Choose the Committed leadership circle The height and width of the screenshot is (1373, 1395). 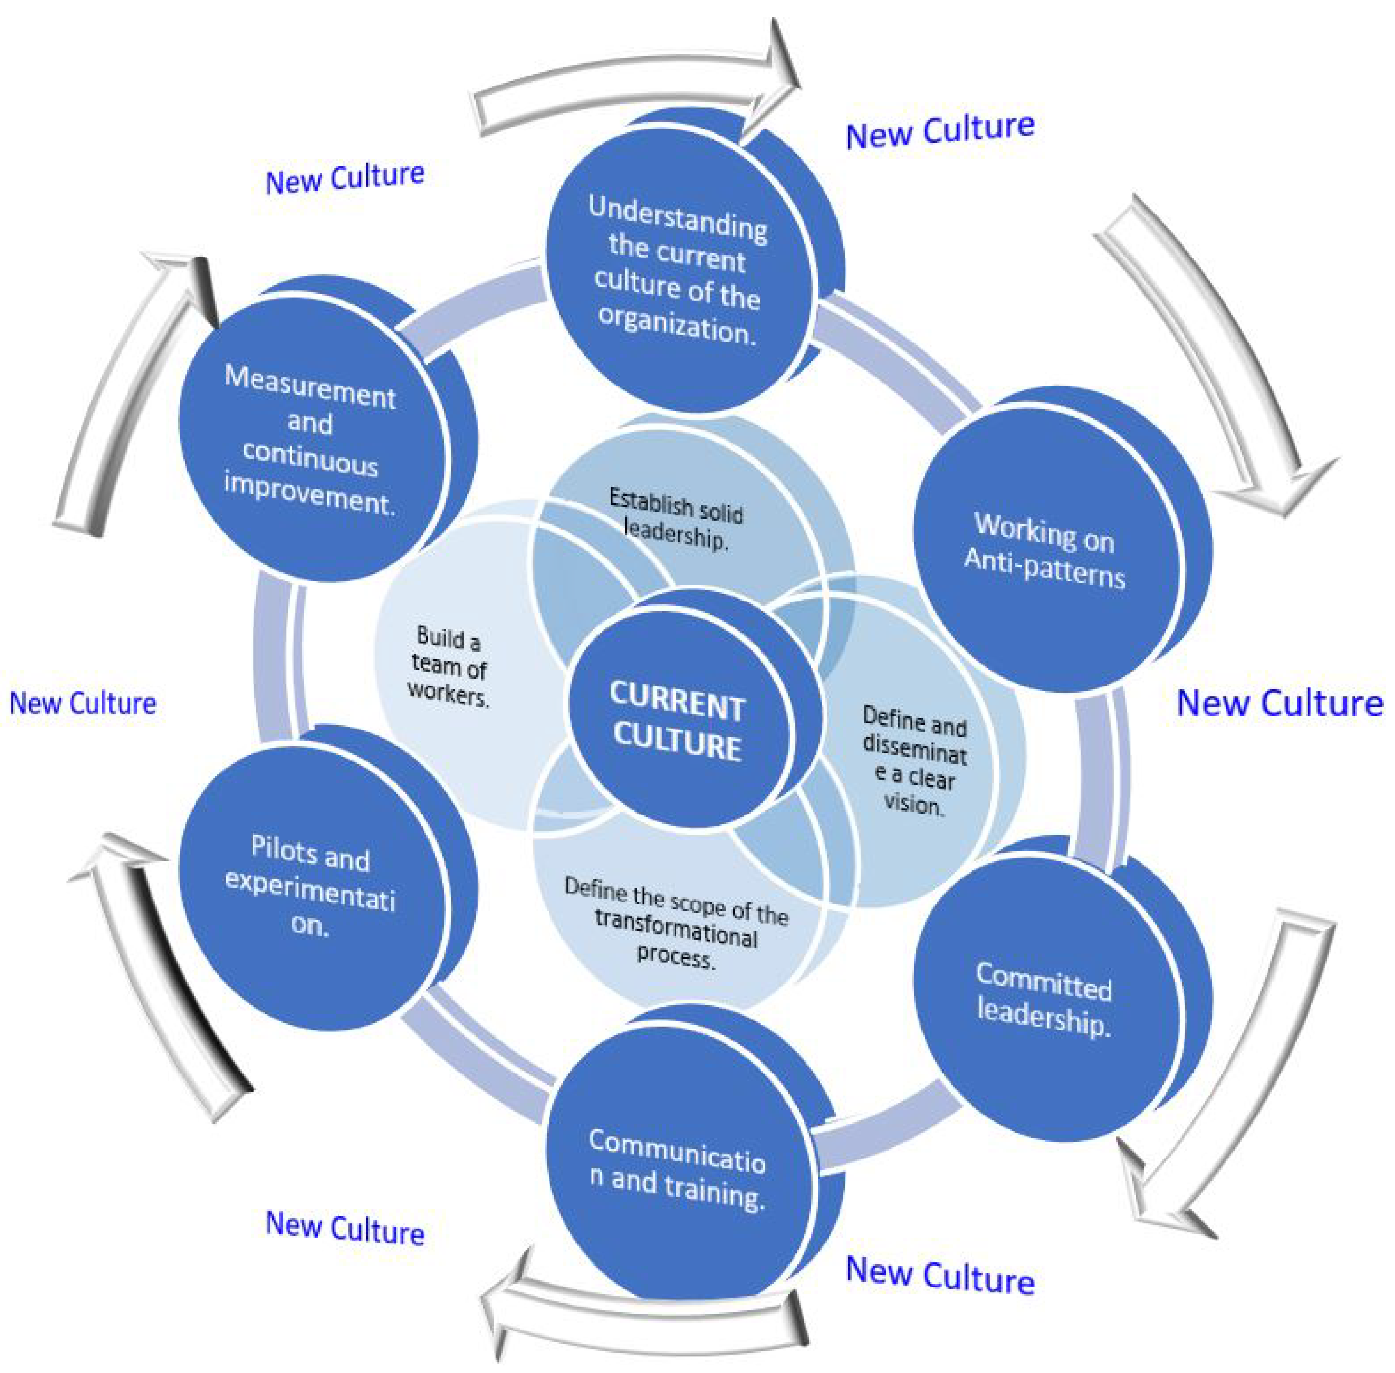click(x=1045, y=1002)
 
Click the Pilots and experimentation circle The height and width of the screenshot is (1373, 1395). click(x=310, y=887)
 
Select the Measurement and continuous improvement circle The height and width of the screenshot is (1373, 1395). click(x=310, y=440)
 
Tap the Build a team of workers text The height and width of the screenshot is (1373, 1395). click(x=448, y=667)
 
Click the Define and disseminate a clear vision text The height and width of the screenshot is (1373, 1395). click(x=914, y=761)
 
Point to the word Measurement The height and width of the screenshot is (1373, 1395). click(x=310, y=387)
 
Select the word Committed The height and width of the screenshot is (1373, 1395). click(x=1044, y=982)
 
